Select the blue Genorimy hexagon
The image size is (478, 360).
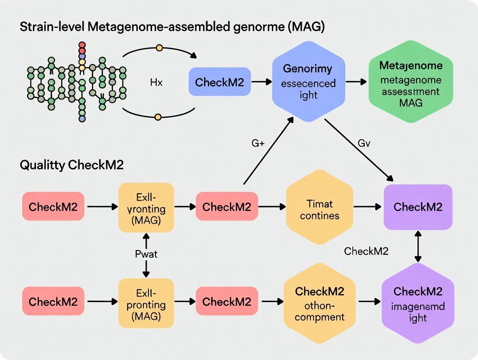308,81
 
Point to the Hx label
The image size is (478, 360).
156,82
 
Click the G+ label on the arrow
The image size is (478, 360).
258,144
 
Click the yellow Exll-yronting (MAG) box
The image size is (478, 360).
146,208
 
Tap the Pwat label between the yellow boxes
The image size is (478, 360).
146,254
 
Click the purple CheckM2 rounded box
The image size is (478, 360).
418,207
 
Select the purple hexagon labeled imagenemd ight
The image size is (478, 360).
418,304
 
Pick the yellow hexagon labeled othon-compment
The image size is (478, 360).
320,304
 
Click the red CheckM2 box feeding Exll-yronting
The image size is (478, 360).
53,207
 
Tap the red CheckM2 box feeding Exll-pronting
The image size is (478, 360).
53,301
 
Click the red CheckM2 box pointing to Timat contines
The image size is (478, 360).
226,207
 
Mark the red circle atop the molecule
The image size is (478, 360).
82,45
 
